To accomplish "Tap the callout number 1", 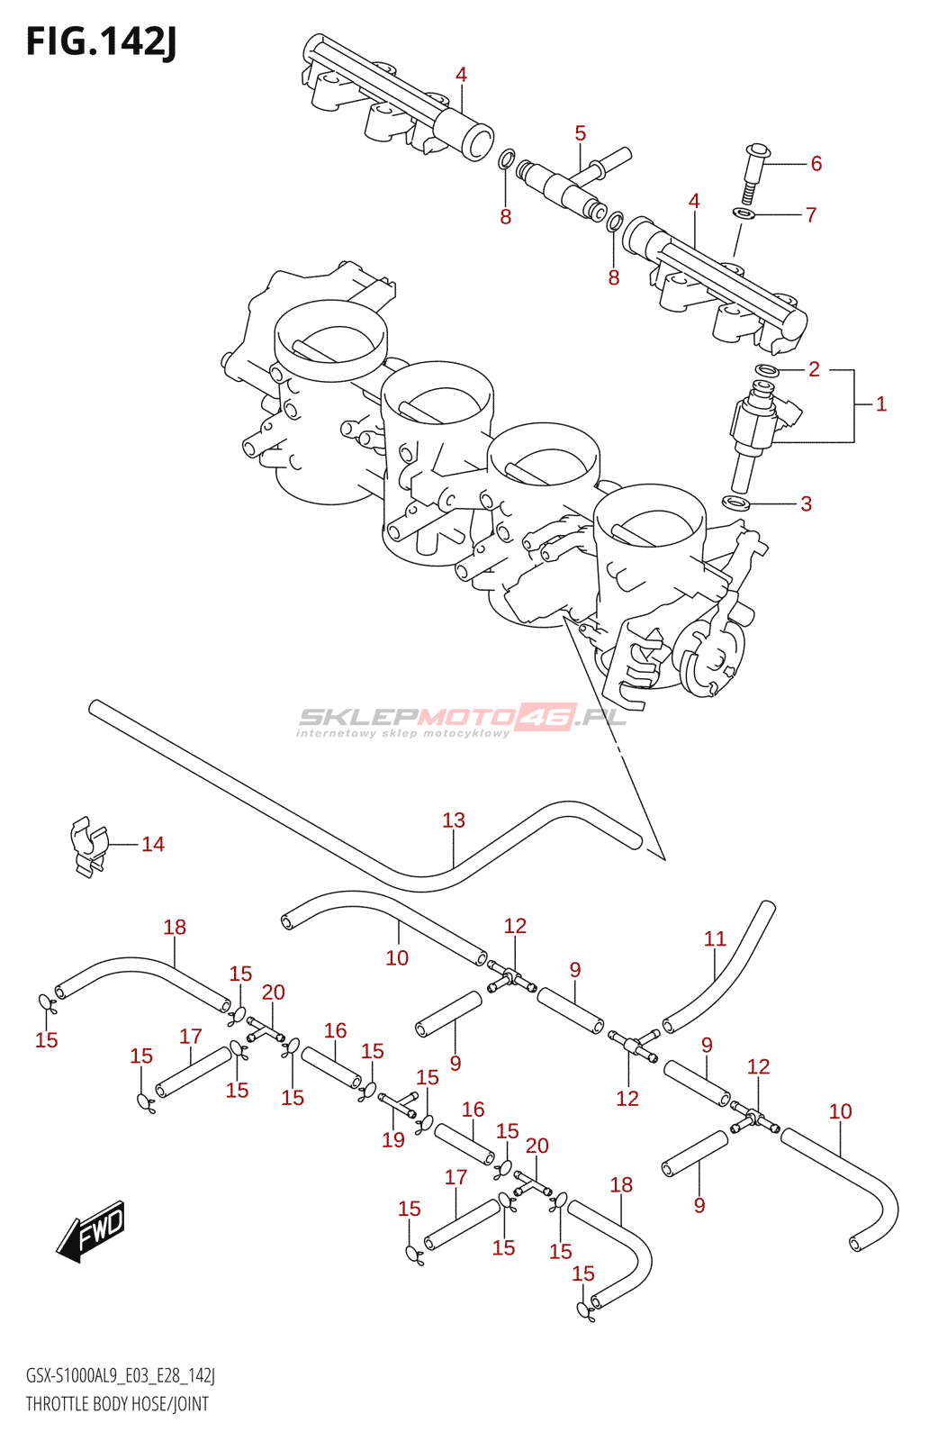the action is click(x=880, y=404).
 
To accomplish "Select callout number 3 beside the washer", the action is click(x=807, y=503).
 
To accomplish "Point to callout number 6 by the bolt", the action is click(x=816, y=163).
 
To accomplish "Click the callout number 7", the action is click(x=811, y=214).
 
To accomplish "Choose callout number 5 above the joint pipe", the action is click(x=580, y=134).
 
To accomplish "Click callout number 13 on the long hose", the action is click(x=454, y=820).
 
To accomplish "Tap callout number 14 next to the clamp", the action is click(x=153, y=844).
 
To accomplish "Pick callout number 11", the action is click(x=714, y=938).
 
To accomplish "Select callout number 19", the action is click(x=392, y=1140).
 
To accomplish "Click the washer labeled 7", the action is click(x=744, y=213).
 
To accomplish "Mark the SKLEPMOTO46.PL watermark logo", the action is click(x=461, y=720).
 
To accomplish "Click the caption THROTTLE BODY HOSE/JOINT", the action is click(x=117, y=1403).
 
